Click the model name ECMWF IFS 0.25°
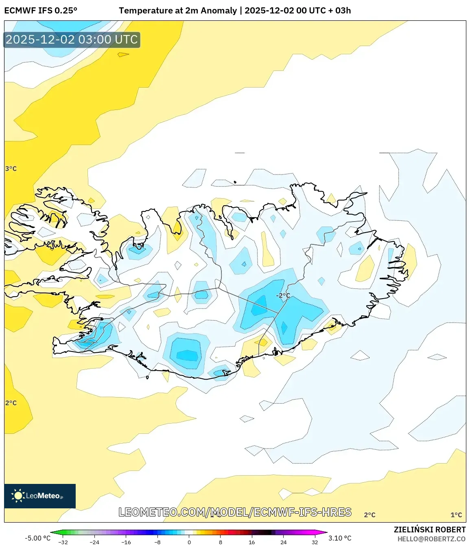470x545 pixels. click(41, 11)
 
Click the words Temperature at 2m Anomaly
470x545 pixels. click(178, 11)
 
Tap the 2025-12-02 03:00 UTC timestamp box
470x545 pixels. click(72, 40)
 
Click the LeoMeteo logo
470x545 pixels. click(40, 496)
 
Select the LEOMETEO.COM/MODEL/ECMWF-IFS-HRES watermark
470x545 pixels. click(235, 512)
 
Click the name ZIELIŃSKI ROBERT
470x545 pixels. click(429, 530)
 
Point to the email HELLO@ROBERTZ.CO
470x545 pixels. click(431, 539)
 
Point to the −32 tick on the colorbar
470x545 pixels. click(63, 542)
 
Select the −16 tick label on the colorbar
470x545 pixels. click(126, 542)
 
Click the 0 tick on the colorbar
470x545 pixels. click(189, 542)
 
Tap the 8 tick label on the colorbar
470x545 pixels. click(221, 542)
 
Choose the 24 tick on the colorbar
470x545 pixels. click(283, 542)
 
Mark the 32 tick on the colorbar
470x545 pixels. click(315, 542)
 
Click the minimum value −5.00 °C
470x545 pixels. click(37, 538)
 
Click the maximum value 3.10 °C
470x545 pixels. click(340, 538)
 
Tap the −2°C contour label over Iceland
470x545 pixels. click(283, 295)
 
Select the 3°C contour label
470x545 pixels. click(11, 169)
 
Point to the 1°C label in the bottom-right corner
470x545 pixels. click(456, 515)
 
